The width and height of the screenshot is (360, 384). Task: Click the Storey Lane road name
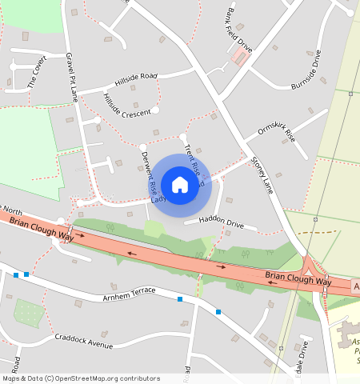click(x=262, y=172)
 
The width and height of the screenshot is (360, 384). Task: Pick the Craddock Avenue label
click(x=84, y=341)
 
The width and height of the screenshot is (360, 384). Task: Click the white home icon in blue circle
click(x=180, y=185)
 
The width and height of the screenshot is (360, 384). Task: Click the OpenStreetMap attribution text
click(x=80, y=378)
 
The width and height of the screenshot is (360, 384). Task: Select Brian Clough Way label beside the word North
click(x=42, y=226)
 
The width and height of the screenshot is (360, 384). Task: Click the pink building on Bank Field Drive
click(x=239, y=58)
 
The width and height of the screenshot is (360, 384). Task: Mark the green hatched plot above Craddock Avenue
click(x=30, y=313)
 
